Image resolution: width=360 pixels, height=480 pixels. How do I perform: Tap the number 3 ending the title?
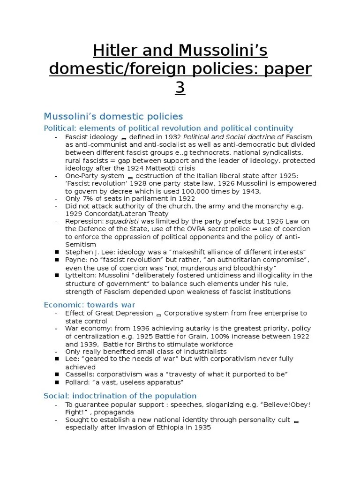click(x=180, y=88)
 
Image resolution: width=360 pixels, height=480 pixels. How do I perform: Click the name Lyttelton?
click(x=80, y=275)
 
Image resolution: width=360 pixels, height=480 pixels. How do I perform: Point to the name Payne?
click(x=76, y=260)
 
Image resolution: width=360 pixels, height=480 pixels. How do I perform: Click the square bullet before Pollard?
click(x=56, y=382)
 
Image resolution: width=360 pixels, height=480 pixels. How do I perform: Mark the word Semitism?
click(x=81, y=244)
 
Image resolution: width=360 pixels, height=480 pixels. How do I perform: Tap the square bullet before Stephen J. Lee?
click(x=56, y=252)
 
